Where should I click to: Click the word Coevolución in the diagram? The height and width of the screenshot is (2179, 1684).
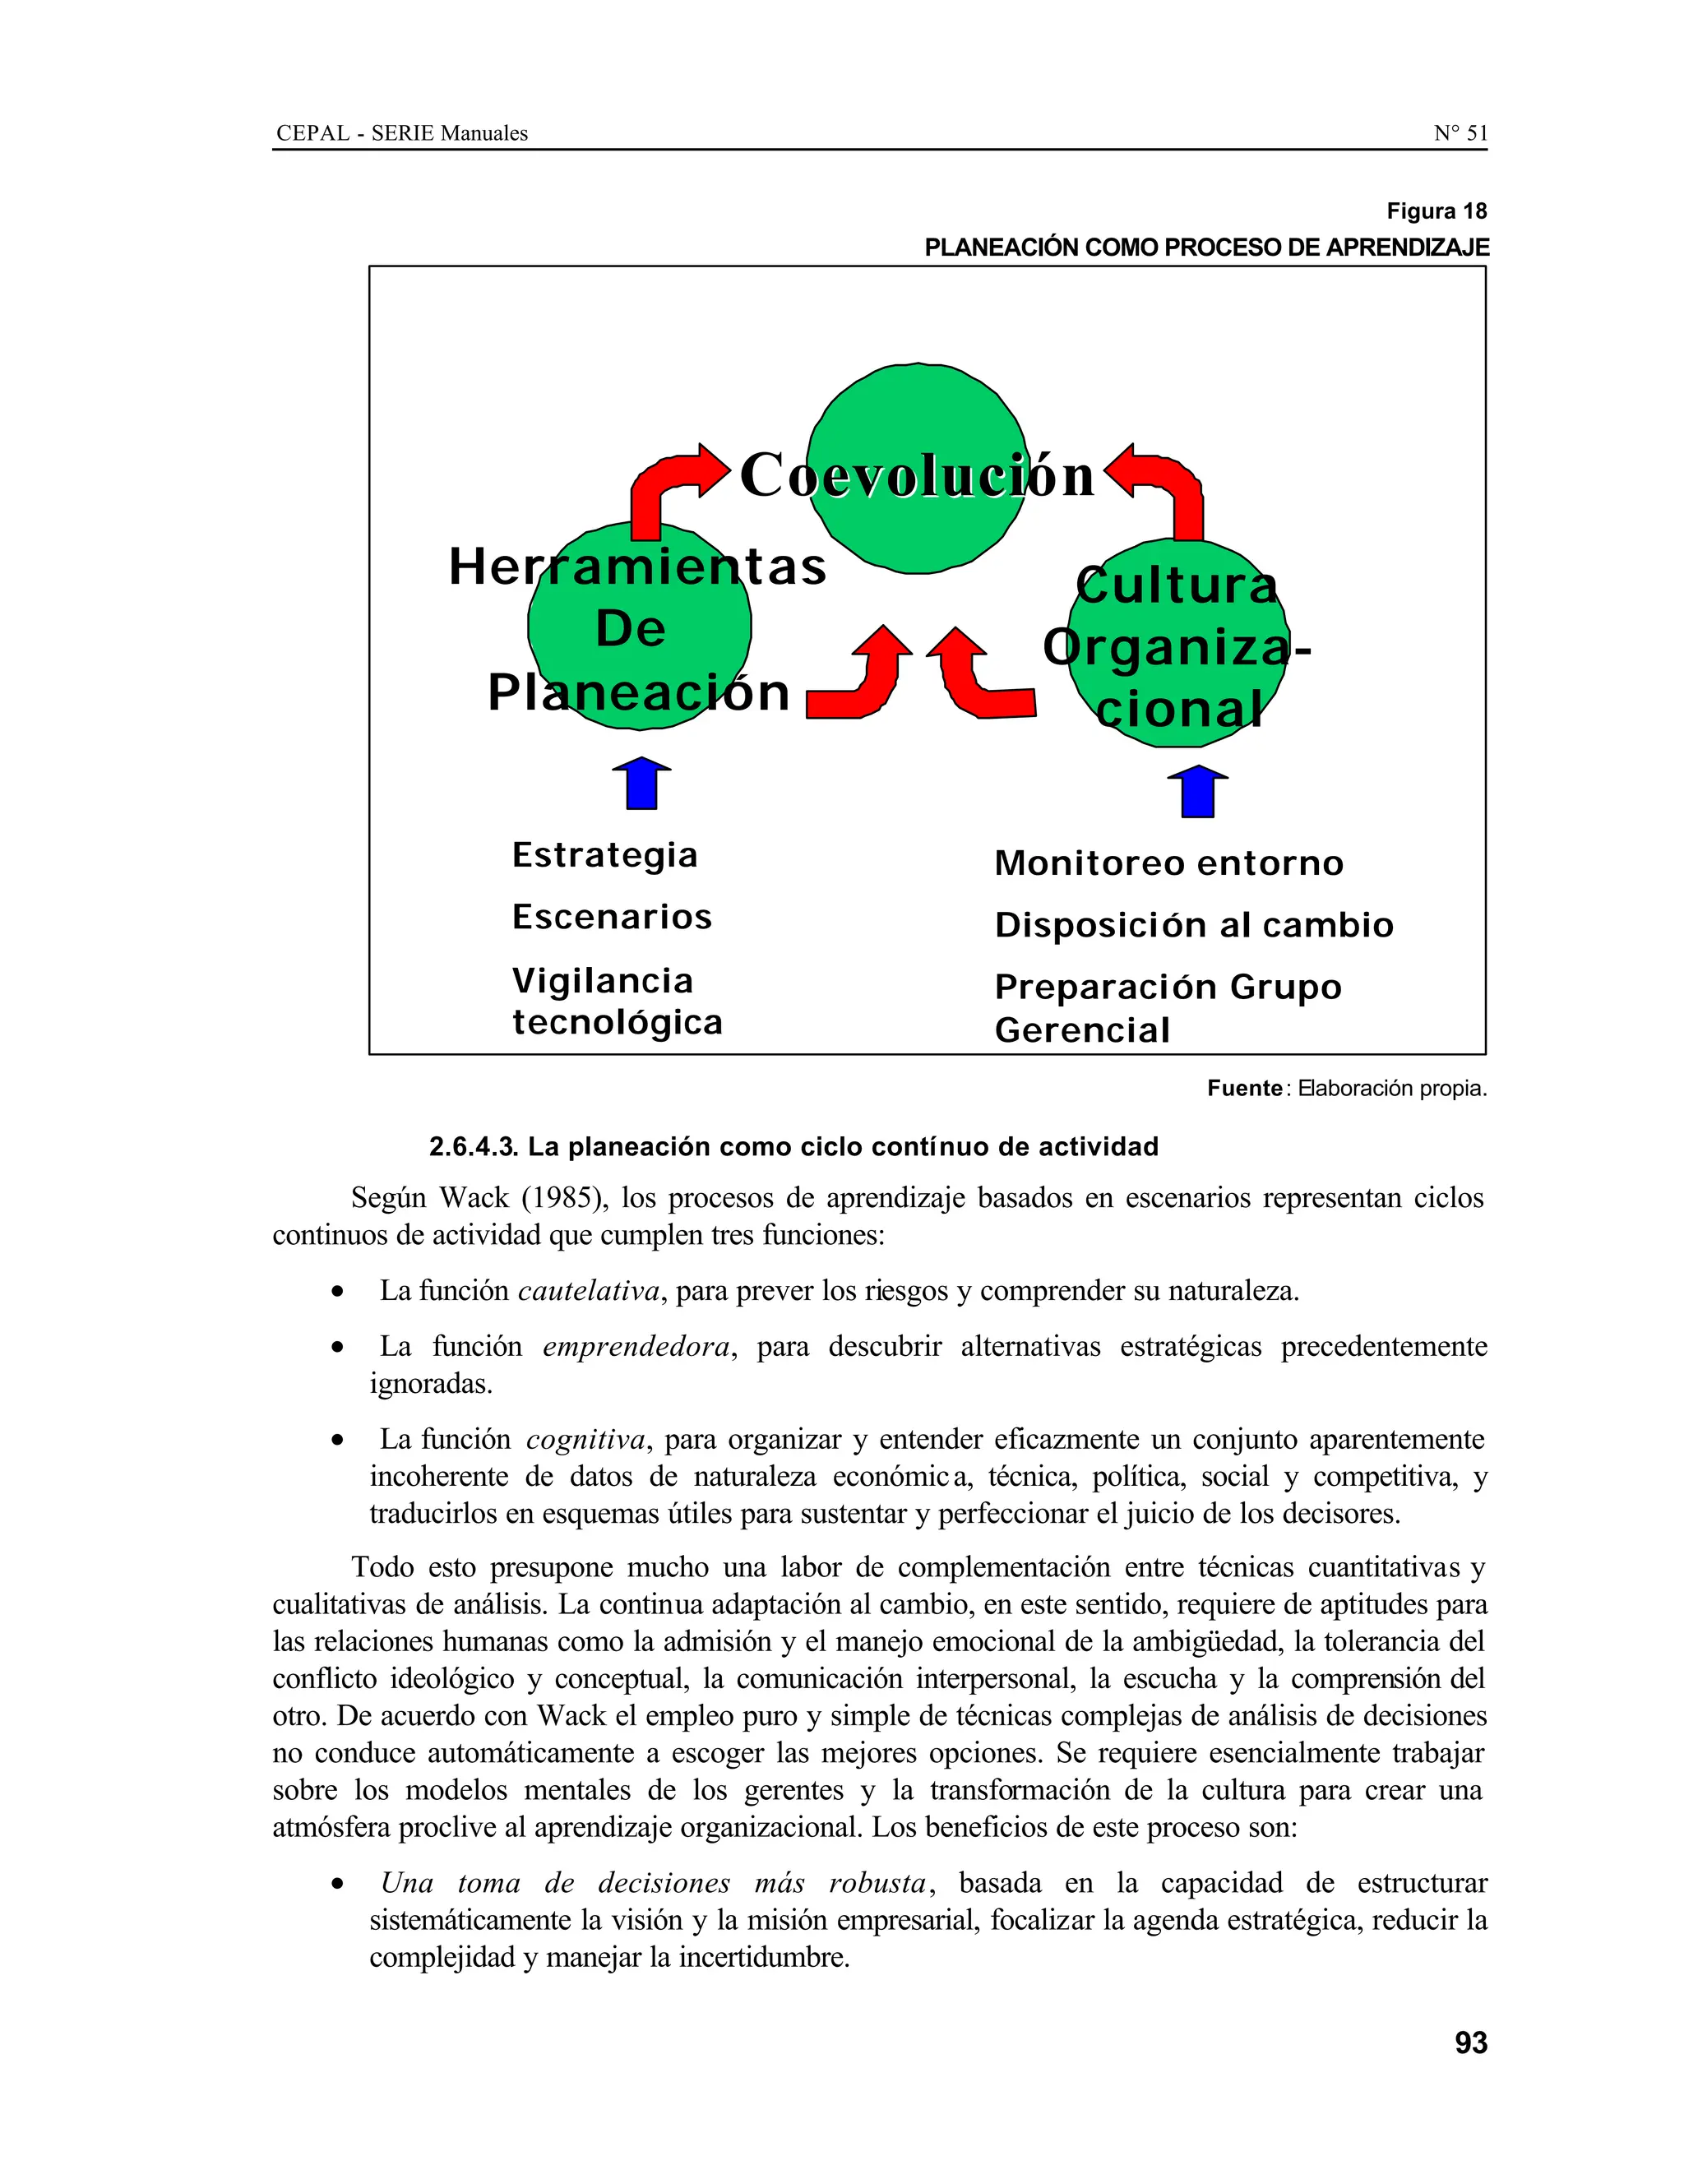[x=916, y=475]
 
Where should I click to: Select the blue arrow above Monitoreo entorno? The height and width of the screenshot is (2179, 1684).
[x=1197, y=791]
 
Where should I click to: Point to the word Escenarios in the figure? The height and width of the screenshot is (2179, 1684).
[x=612, y=917]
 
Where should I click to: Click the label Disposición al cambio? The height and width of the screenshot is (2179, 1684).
[x=1193, y=925]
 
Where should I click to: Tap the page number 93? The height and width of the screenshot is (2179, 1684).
[x=1470, y=2043]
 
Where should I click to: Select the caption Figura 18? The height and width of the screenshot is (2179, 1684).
[x=1436, y=211]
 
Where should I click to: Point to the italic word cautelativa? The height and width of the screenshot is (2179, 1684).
[x=588, y=1291]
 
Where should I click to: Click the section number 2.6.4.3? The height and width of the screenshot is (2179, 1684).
[x=473, y=1147]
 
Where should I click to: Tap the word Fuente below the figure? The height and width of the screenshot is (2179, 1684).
[x=1243, y=1089]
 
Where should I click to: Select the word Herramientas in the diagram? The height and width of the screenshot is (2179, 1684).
[x=636, y=567]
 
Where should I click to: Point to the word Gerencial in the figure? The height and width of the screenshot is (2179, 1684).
[x=1081, y=1029]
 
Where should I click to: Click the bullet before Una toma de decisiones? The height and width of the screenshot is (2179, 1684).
[x=340, y=1885]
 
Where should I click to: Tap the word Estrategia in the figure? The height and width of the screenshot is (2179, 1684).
[x=604, y=855]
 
